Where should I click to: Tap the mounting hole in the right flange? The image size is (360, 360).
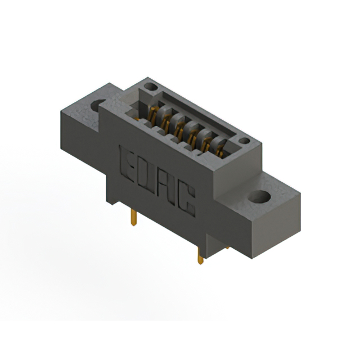259,197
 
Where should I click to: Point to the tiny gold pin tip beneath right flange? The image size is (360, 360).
227,246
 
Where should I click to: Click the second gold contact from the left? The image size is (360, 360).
166,120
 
